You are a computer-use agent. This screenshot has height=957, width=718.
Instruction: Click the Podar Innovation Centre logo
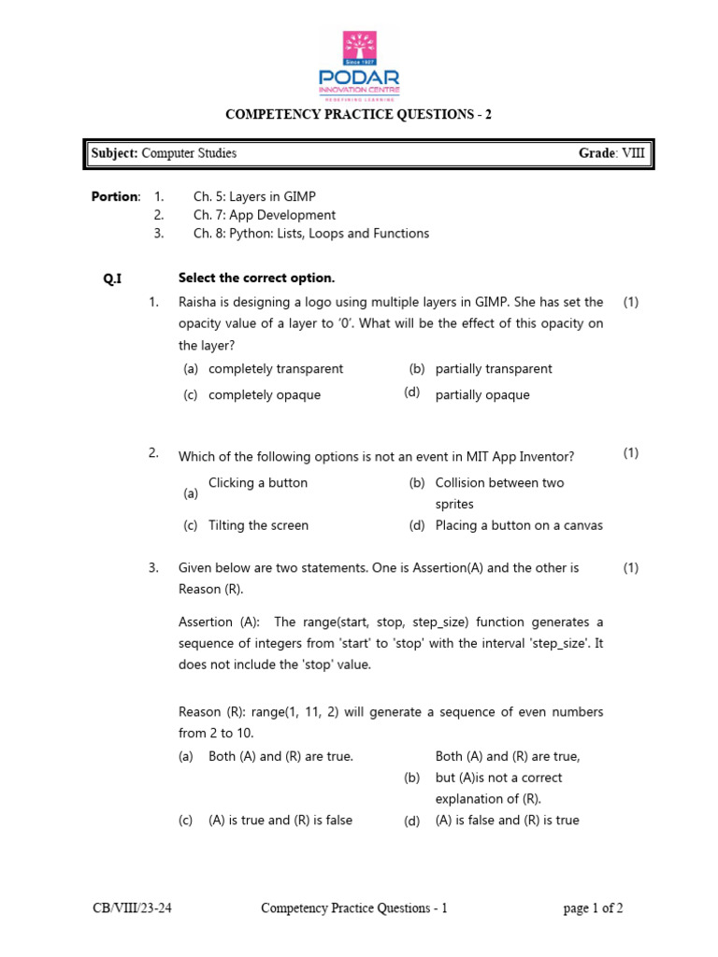(359, 65)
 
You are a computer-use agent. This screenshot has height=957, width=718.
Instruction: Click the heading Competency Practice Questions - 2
(358, 115)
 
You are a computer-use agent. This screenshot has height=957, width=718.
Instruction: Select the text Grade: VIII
(611, 153)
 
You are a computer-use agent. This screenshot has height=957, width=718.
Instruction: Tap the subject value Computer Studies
(189, 153)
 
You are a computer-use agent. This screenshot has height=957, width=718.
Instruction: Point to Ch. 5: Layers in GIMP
(254, 196)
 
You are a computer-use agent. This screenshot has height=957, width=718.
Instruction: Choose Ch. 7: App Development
(265, 215)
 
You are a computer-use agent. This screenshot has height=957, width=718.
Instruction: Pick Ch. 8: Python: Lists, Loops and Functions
(311, 234)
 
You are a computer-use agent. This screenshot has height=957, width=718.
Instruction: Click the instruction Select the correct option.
(256, 279)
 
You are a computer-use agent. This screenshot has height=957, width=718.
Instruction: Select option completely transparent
(276, 369)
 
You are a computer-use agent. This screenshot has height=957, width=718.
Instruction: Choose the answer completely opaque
(265, 394)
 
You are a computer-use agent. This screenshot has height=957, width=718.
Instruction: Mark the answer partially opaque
(482, 394)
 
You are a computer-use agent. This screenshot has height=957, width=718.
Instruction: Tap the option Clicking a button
(258, 483)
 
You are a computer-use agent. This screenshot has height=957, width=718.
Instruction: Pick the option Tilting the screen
(258, 525)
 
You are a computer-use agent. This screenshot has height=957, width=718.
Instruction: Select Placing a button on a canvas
(519, 525)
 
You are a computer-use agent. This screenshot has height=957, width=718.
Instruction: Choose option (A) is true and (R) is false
(280, 821)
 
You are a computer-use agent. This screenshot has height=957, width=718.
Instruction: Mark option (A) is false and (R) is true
(508, 821)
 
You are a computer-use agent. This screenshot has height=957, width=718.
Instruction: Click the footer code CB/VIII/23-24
(132, 907)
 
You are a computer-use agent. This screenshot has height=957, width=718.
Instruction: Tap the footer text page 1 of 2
(594, 907)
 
